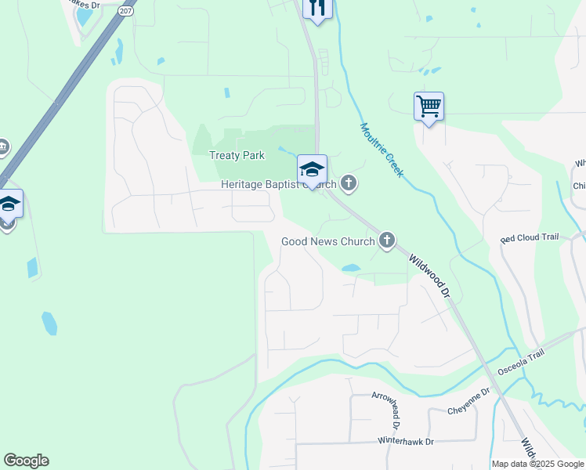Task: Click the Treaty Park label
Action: (x=237, y=155)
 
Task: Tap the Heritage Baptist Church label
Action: (x=278, y=185)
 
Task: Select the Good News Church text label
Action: (x=327, y=242)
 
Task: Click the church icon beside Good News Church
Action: (x=386, y=241)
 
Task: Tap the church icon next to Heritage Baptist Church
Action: (x=348, y=185)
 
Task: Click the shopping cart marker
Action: (x=429, y=106)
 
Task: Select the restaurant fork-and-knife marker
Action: (x=317, y=8)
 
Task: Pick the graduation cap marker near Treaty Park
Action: (x=312, y=169)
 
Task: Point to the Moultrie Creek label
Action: (x=382, y=150)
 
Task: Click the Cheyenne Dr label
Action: (x=468, y=410)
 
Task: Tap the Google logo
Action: (x=26, y=461)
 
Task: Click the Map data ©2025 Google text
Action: (x=537, y=464)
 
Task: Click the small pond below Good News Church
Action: (x=350, y=269)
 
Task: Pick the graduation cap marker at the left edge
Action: (x=9, y=204)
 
